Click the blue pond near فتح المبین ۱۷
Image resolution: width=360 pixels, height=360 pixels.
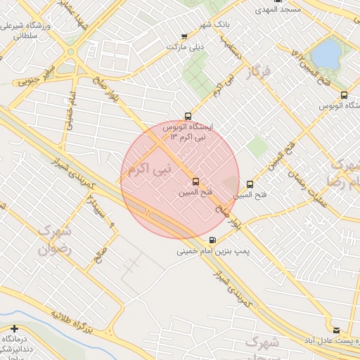click(325, 53)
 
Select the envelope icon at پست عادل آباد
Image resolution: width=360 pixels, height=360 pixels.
click(335, 330)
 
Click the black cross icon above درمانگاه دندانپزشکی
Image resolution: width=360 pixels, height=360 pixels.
click(14, 328)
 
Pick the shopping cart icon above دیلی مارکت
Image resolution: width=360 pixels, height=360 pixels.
click(184, 37)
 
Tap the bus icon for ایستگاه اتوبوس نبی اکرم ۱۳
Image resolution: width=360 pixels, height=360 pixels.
click(187, 116)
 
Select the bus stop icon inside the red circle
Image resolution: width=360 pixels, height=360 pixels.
click(195, 181)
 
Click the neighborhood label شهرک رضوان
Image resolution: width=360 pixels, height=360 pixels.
click(56, 239)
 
